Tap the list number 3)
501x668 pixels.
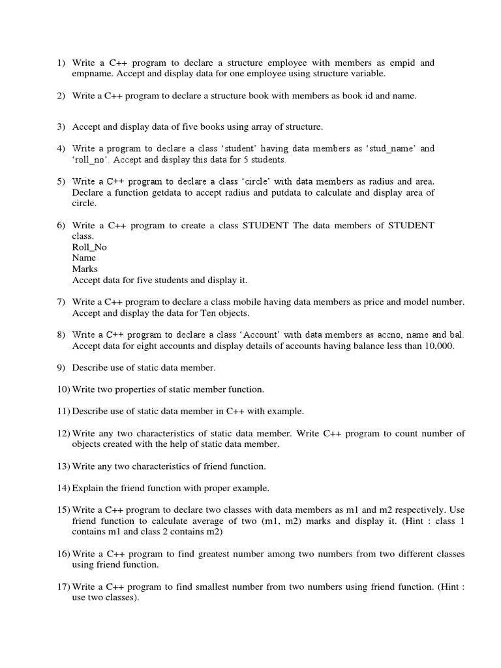61,126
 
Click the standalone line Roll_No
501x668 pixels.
89,247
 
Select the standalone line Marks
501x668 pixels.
85,269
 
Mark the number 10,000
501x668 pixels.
438,346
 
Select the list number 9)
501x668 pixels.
61,368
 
